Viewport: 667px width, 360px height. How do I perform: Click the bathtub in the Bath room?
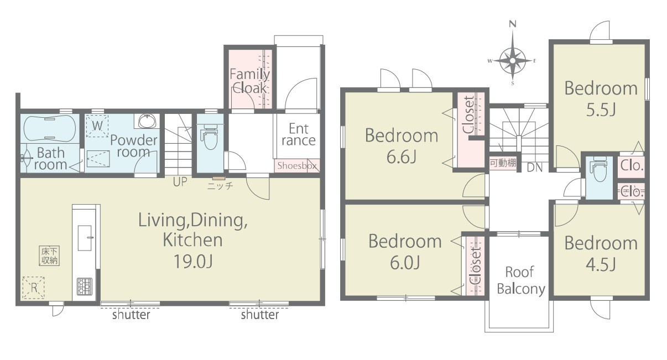click(49, 128)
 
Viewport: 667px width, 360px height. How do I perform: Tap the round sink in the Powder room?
click(147, 121)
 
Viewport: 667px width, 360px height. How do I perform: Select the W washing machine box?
click(97, 126)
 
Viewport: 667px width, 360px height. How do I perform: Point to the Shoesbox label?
click(297, 165)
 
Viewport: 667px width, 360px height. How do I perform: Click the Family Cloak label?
click(249, 81)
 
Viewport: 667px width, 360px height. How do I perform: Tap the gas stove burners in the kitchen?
click(85, 286)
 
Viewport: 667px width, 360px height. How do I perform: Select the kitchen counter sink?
click(85, 238)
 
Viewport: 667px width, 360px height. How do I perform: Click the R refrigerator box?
click(34, 288)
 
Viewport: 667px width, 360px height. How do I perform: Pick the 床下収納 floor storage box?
click(49, 256)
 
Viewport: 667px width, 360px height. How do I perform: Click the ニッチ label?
click(220, 186)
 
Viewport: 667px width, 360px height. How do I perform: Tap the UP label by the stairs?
click(180, 181)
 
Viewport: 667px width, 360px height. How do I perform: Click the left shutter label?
click(131, 315)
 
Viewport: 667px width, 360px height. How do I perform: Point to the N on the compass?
click(513, 24)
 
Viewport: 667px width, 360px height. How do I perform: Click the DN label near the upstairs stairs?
click(535, 168)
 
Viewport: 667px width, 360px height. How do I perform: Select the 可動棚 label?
click(503, 163)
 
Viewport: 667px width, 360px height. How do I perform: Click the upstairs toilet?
click(599, 169)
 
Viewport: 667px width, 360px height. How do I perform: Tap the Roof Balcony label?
click(521, 280)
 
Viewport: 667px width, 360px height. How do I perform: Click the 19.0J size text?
click(193, 262)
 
